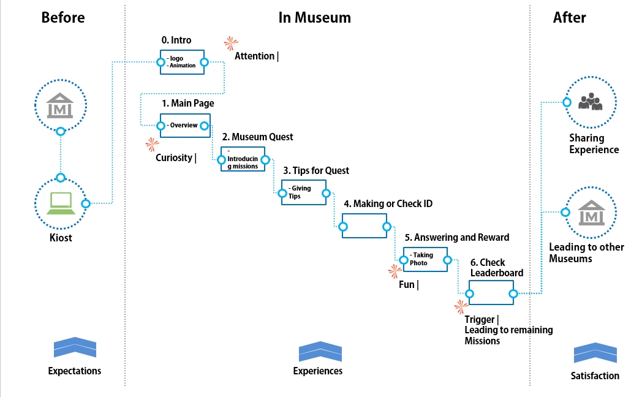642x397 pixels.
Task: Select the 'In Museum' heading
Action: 315,17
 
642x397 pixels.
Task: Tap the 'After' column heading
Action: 570,17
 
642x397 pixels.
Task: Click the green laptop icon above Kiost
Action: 60,203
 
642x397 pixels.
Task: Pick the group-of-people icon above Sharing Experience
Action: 591,102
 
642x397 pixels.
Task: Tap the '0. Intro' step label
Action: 176,40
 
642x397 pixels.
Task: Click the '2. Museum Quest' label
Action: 257,137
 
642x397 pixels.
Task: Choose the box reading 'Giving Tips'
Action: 304,192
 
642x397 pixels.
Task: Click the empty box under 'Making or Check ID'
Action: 364,226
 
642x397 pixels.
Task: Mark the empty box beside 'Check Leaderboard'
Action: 491,293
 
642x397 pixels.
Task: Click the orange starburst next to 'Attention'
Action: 230,43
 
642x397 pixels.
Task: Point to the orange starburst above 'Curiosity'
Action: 152,145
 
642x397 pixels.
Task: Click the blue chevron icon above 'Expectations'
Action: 75,347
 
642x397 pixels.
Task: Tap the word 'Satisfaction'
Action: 595,376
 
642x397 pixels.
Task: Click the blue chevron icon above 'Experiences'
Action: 320,351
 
